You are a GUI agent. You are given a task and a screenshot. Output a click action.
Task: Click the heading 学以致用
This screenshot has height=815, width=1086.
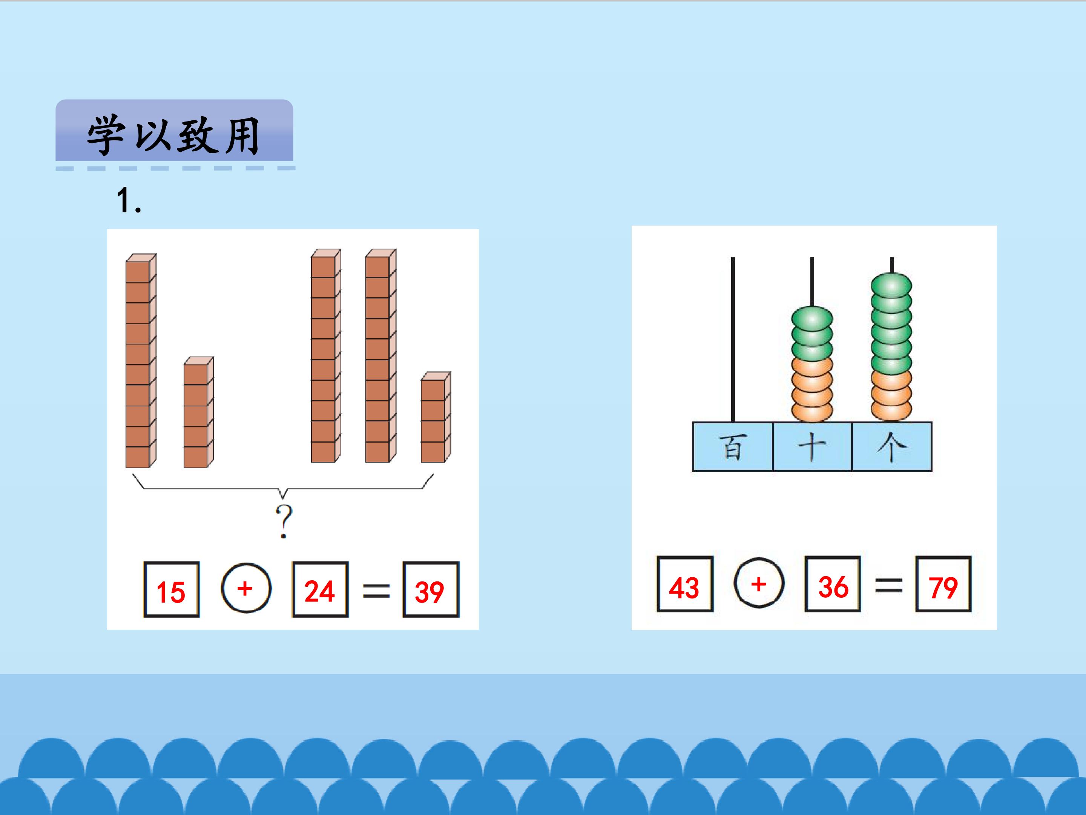(x=173, y=135)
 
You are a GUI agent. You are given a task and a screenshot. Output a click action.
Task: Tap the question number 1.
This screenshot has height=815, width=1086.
(x=129, y=200)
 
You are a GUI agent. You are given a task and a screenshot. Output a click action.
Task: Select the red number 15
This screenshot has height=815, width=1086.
(x=171, y=592)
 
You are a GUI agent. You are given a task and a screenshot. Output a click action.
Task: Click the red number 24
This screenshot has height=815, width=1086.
(x=320, y=592)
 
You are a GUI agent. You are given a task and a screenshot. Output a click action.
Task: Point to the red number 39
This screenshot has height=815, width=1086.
(x=429, y=592)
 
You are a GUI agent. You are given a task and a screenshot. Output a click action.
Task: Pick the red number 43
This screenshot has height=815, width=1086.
(x=684, y=587)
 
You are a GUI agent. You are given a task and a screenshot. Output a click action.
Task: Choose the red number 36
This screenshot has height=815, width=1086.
(x=833, y=587)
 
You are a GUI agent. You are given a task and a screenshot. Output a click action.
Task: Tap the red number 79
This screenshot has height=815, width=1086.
(x=943, y=587)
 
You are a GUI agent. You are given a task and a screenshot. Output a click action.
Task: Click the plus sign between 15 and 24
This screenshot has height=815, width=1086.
(x=245, y=588)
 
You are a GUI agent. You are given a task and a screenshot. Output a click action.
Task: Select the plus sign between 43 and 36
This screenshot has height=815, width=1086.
(x=759, y=584)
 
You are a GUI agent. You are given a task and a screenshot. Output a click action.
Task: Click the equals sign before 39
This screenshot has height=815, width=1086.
(x=376, y=590)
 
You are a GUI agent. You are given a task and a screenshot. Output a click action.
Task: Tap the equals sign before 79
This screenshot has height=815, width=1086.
(x=889, y=586)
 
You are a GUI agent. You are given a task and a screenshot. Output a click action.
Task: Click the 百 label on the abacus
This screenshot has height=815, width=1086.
(x=733, y=447)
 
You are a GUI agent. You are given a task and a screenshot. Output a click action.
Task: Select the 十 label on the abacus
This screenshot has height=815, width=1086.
(x=812, y=447)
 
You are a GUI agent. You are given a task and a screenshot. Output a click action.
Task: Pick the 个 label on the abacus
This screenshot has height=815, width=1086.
(x=891, y=447)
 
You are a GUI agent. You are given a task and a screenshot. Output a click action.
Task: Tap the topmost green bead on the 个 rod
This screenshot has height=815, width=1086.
(x=891, y=285)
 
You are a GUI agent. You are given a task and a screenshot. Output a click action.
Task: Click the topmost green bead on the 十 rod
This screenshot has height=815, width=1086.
(x=812, y=318)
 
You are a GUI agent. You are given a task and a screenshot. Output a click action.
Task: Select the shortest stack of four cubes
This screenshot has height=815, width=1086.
(x=436, y=418)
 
